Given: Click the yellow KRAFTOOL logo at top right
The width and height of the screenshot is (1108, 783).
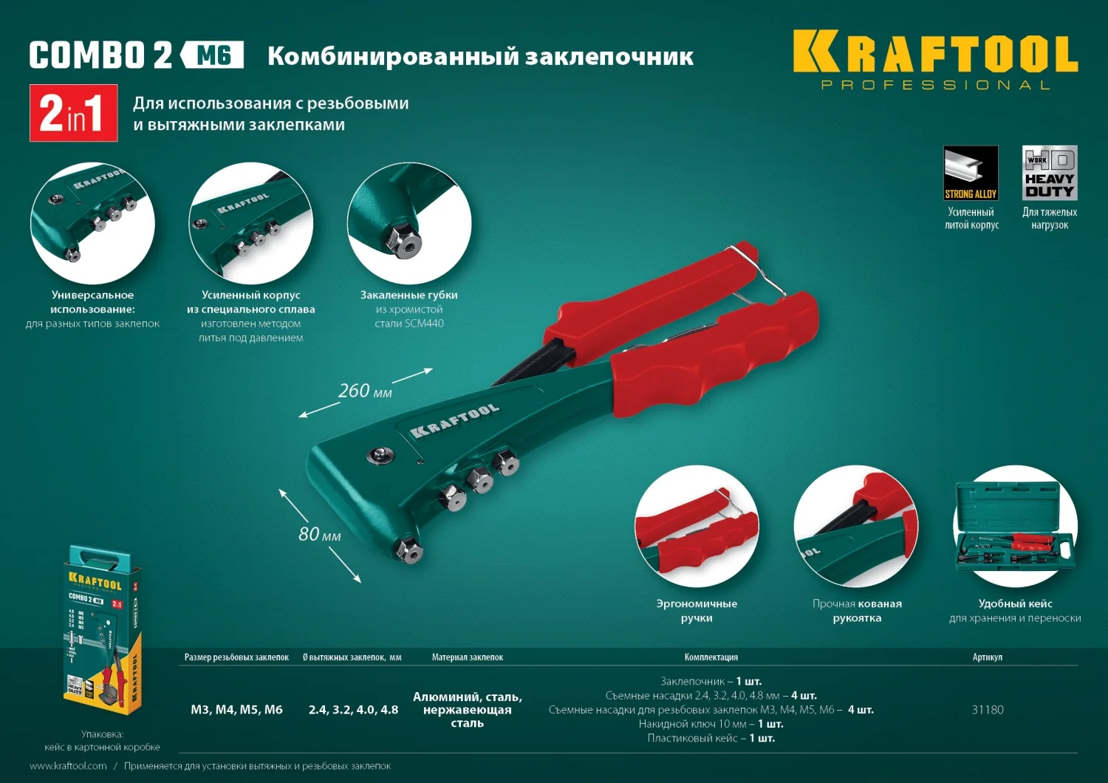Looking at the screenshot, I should coord(935,53).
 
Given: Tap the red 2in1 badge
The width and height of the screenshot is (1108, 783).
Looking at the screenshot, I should coord(73,113).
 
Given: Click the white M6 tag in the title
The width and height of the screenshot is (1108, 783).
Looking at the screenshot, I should coord(213,55).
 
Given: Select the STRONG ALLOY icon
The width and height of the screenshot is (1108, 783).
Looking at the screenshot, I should coord(971,173).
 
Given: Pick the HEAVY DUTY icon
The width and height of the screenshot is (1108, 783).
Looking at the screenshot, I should coord(1049,173).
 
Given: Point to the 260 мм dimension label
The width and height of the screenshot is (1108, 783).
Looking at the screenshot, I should coord(365,391).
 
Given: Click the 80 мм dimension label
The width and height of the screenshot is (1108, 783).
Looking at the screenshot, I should coord(319,534).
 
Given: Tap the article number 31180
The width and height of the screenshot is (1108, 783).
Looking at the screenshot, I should coord(987,710).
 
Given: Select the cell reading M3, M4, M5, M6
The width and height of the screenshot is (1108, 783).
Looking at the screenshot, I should coord(236,710).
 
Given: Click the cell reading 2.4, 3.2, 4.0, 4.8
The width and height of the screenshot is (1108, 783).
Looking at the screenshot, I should coord(353,710).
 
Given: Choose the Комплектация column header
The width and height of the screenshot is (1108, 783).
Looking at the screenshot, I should coord(711,657).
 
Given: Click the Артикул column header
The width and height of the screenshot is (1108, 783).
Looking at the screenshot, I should coord(987,657).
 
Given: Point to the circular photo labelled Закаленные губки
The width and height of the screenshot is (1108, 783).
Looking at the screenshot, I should coord(408,222).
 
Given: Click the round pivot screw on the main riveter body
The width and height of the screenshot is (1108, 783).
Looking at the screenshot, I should coord(380,455).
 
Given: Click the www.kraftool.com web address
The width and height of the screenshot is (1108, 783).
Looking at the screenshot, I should coord(68,766).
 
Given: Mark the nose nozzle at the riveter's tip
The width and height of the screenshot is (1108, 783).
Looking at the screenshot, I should coord(407,550).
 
